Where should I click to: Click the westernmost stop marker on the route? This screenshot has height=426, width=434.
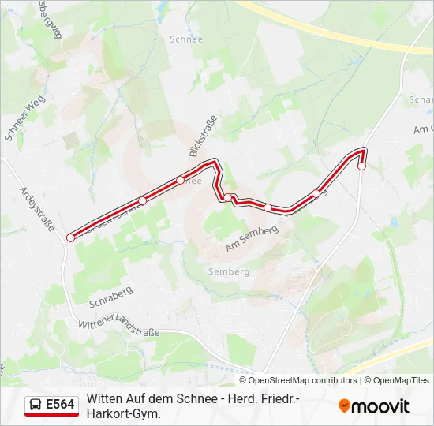click(x=70, y=237)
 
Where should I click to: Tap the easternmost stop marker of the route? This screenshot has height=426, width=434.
click(x=361, y=166)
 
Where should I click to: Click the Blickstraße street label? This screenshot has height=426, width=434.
click(x=203, y=135)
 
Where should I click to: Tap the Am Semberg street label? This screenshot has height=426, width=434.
click(x=253, y=238)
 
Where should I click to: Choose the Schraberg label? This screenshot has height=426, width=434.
click(x=110, y=298)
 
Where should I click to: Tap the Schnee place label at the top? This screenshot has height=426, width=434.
click(x=186, y=39)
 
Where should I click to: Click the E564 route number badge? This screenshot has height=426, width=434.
click(x=61, y=405)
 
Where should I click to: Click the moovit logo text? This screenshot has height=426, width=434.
click(x=380, y=406)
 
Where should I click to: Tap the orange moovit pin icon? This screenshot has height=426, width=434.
click(x=344, y=405)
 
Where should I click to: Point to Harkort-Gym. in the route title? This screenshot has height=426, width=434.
click(x=123, y=413)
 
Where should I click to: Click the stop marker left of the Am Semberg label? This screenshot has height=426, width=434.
click(x=228, y=198)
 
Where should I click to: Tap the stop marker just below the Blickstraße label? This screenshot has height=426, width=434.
click(x=181, y=180)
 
